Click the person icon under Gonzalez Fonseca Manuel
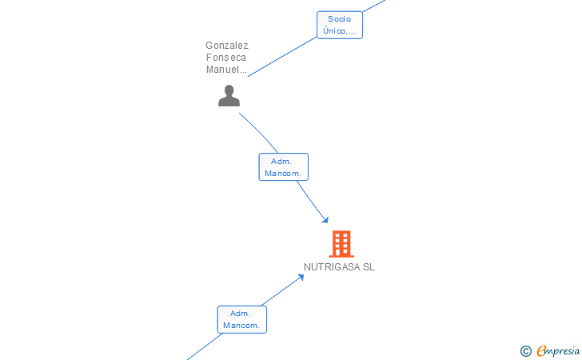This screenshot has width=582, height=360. tap(229, 96)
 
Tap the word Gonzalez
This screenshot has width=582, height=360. tap(227, 46)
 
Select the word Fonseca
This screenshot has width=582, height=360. tap(227, 58)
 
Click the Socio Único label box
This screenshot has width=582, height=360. tap(340, 25)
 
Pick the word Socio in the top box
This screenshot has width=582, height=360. tap(340, 18)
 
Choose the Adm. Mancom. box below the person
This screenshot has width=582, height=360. tap(284, 167)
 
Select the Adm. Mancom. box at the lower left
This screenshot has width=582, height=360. tap(242, 319)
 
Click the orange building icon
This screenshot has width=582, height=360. tap(341, 243)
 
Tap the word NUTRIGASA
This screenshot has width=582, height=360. tap(332, 267)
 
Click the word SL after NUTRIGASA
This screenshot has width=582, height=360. tap(369, 267)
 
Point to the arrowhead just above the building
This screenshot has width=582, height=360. tap(325, 219)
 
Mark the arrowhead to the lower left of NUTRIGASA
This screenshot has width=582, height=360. tap(301, 278)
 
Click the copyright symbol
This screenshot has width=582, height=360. tap(525, 350)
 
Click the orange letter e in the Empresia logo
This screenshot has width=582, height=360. tap(541, 350)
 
